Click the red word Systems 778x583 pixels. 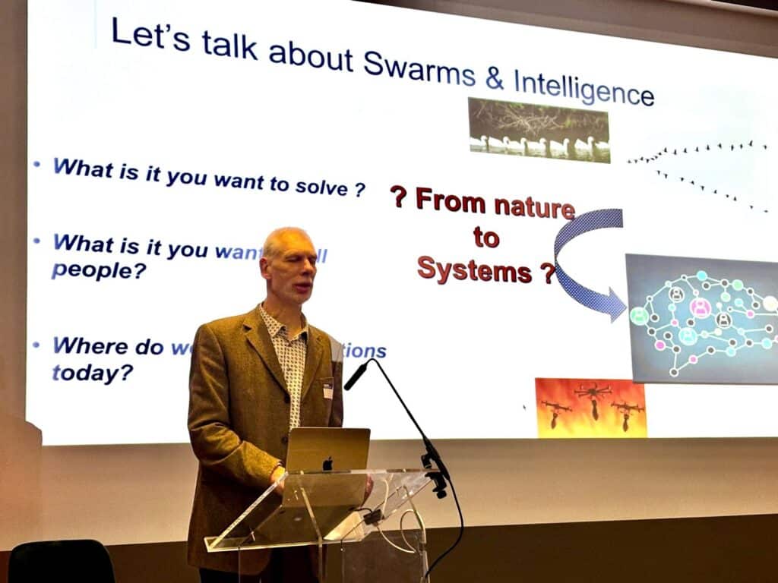tap(474, 269)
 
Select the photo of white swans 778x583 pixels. tap(538, 130)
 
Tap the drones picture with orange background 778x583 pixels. tap(590, 408)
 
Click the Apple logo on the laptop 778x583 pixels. tap(327, 463)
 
